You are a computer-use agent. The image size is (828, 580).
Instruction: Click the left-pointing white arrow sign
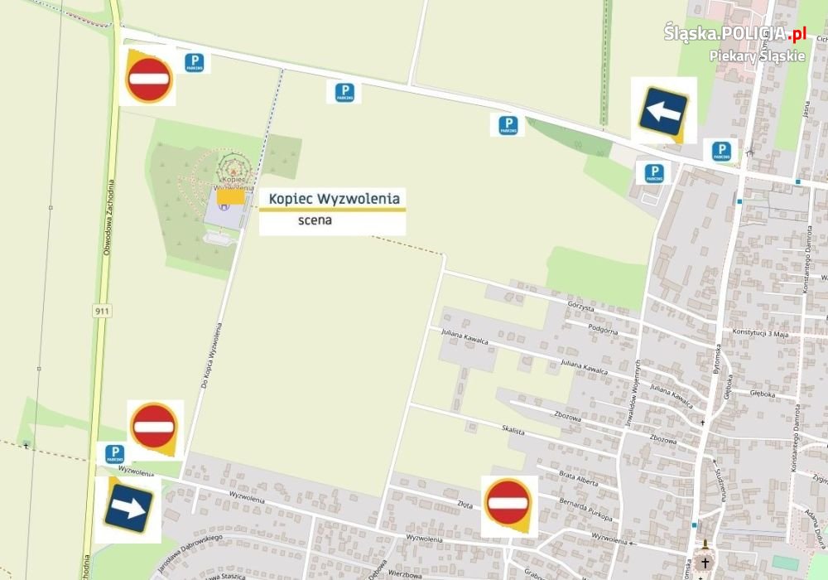tap(662, 110)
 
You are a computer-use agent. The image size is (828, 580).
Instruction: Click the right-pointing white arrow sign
tap(128, 507)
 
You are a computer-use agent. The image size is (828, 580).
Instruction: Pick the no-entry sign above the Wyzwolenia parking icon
tap(154, 427)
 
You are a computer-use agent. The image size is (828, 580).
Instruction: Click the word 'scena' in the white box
tap(315, 221)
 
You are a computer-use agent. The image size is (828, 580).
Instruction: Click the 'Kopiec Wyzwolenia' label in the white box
tap(334, 199)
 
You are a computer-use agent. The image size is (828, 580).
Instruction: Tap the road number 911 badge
tap(102, 310)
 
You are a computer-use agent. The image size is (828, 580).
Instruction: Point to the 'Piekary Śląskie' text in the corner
tap(757, 56)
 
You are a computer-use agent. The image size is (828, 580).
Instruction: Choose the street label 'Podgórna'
tap(603, 329)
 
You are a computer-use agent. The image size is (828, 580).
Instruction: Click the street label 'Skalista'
tap(513, 428)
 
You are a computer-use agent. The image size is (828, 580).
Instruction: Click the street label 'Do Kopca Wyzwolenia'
tap(214, 355)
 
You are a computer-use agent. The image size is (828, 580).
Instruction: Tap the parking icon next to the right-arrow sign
tap(115, 453)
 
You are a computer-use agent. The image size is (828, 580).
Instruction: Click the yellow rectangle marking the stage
tap(235, 196)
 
